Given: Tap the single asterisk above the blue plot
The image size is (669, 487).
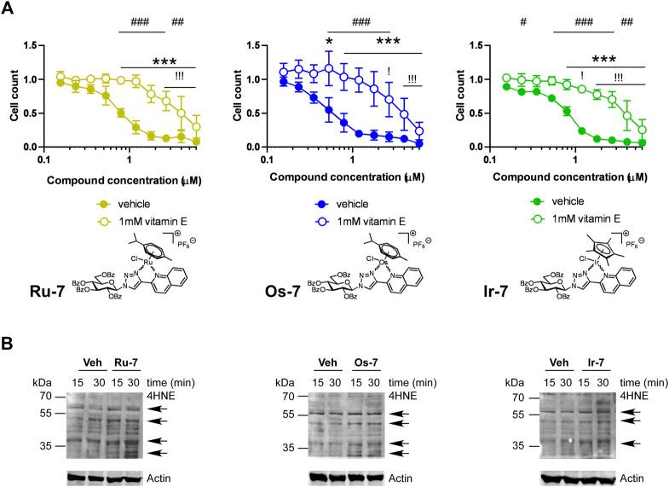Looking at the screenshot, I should coord(328,42).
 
